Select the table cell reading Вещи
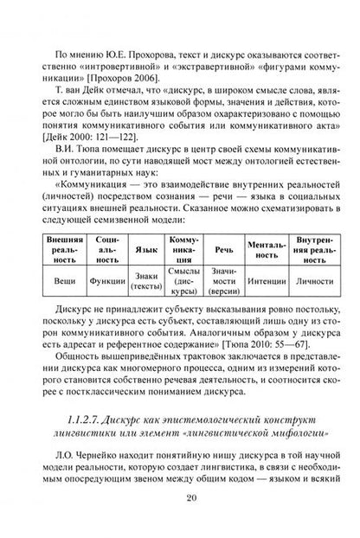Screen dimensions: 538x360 coord(63,280)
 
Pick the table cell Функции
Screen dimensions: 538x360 coord(106,280)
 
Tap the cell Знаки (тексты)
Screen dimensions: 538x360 coord(147,280)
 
